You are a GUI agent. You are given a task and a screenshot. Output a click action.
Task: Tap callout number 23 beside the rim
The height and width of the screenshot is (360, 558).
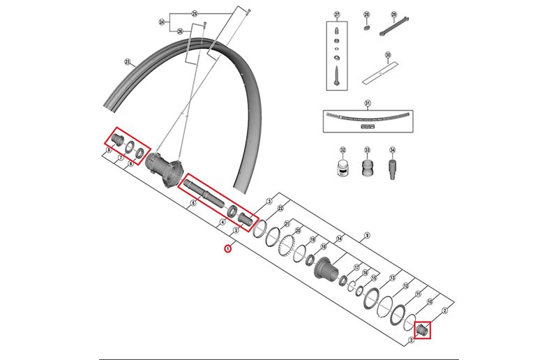128,62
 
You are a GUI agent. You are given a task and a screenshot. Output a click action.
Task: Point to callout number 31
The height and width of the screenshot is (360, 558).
368,103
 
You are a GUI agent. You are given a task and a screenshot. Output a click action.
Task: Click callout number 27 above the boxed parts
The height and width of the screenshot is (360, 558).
336,15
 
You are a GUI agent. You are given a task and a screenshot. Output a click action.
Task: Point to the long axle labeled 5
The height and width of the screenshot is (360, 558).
202,191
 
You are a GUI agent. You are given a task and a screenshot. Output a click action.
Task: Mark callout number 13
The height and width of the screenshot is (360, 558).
393,278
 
